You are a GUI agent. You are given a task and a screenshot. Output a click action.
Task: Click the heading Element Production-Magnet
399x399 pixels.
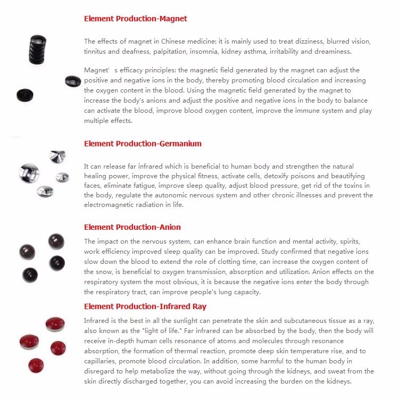pos(136,19)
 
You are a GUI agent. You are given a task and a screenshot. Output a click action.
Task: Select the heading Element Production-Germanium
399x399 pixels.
pos(143,144)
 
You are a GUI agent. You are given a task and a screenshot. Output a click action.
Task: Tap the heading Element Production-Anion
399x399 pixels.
pos(132,227)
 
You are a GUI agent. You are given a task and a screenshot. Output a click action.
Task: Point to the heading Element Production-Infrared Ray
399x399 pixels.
pos(145,306)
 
